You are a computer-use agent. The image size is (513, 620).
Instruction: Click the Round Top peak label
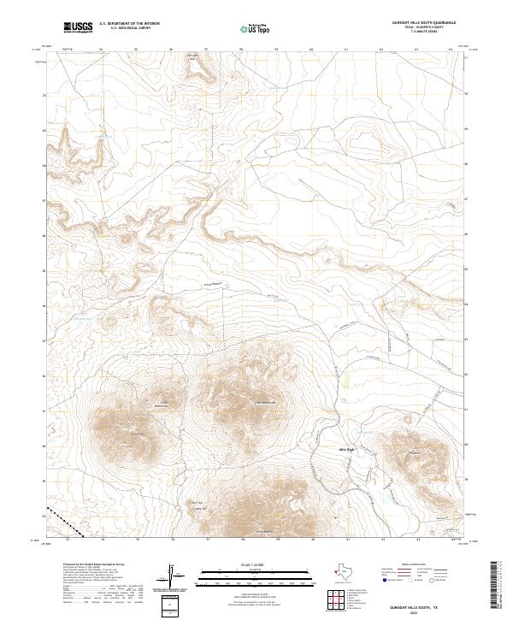point(136,434)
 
